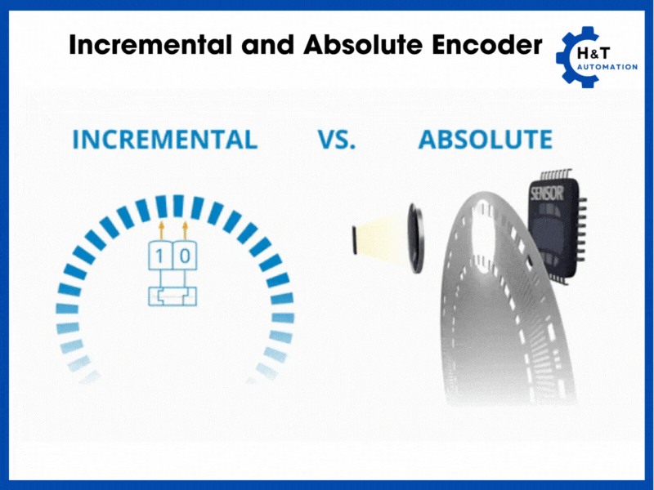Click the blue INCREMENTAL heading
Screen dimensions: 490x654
164,140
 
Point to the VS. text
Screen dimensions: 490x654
337,140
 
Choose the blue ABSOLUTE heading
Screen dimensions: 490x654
485,140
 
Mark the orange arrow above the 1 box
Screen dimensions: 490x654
161,229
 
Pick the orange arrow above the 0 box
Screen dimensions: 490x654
186,229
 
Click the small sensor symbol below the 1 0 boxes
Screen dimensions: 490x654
172,296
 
